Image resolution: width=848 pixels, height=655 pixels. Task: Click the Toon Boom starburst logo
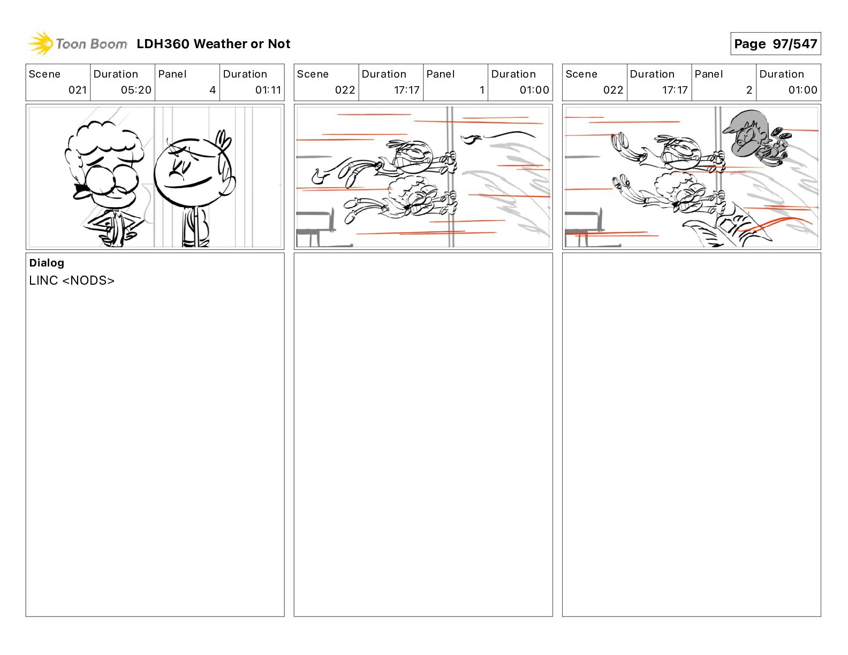[41, 43]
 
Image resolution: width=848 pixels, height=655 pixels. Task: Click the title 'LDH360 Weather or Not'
[214, 44]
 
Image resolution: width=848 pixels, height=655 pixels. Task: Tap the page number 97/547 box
[775, 44]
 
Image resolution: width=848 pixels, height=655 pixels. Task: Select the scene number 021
[77, 90]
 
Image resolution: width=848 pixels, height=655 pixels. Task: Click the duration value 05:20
[136, 90]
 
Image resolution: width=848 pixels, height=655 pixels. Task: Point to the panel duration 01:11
[268, 90]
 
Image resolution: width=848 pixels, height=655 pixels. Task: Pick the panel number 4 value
[213, 90]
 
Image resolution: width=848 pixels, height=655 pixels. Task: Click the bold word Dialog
[47, 263]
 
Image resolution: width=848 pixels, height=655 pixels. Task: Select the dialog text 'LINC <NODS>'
[72, 280]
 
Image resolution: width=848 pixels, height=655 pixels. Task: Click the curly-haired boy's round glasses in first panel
[112, 180]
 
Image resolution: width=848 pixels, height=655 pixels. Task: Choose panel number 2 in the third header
[749, 90]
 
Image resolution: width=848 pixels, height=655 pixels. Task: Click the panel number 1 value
[482, 90]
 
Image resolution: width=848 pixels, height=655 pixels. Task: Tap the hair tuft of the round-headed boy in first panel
[223, 142]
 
